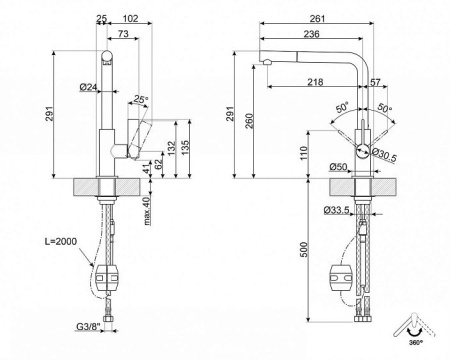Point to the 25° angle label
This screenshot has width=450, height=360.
[x=141, y=99]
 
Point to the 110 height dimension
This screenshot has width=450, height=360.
[x=302, y=152]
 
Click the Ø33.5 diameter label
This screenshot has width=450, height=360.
[x=338, y=209]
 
